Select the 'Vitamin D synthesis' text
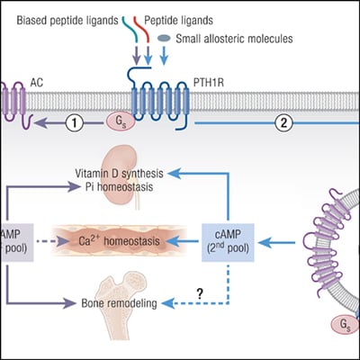(x=121, y=171)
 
